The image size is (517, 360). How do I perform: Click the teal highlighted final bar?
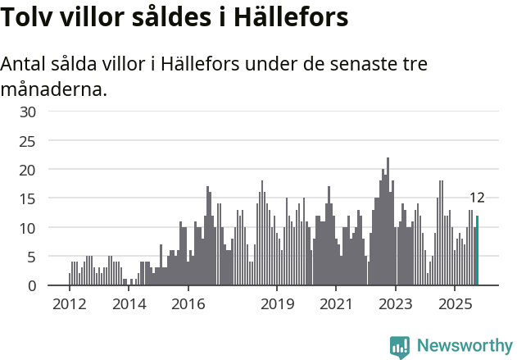477,251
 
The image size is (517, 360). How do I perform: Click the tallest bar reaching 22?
388,221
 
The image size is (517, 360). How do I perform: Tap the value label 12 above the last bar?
477,198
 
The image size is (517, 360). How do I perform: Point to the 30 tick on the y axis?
28,112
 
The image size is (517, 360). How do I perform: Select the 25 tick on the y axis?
28,141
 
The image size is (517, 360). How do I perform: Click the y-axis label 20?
28,170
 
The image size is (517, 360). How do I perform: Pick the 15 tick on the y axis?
28,199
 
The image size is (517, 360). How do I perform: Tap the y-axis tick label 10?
28,228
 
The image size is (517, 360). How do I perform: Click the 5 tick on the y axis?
31,257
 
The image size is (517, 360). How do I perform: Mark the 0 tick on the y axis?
31,285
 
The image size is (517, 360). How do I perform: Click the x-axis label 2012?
69,304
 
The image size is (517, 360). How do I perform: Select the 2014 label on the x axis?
129,304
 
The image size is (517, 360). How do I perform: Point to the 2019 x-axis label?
277,304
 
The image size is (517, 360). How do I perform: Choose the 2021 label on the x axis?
337,304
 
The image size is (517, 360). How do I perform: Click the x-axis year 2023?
396,304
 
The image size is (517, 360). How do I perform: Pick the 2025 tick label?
456,304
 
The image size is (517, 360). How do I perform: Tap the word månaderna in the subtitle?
54,89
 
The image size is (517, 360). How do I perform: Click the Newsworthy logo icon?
400,347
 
